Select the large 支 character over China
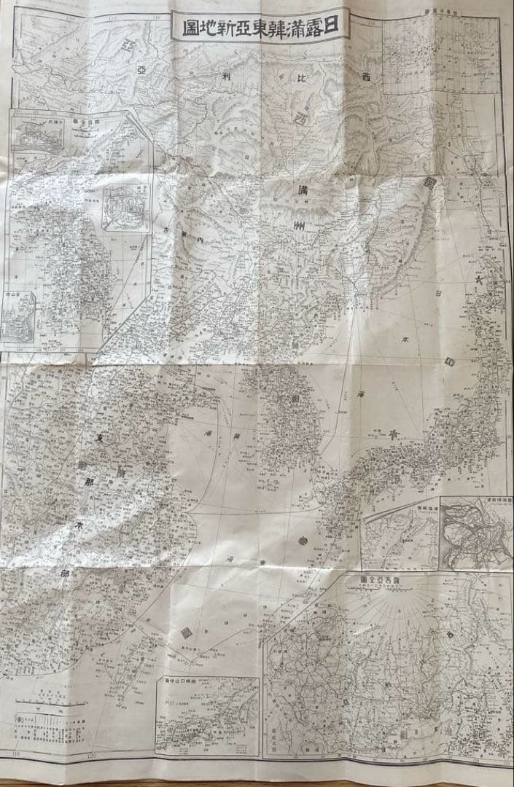click(101, 436)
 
